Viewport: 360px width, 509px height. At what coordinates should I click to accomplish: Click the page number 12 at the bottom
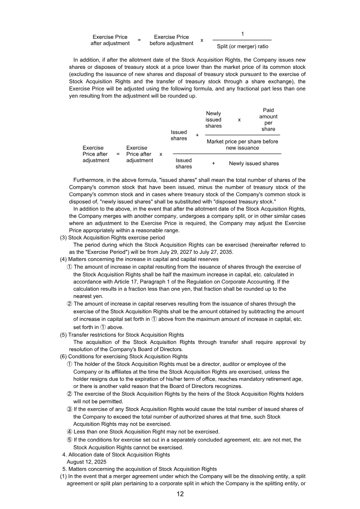click(180, 494)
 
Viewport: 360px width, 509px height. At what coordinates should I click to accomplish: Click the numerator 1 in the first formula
click(243, 34)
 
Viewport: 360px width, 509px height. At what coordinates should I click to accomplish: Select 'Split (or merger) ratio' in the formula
click(243, 46)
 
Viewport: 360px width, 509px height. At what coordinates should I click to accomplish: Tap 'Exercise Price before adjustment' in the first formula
click(171, 40)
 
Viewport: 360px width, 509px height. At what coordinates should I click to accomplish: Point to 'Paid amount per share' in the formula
click(268, 120)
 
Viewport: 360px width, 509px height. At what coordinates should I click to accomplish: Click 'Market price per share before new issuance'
click(242, 144)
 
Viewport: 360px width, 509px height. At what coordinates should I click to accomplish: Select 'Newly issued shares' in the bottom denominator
click(253, 163)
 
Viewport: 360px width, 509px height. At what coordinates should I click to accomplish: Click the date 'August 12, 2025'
click(86, 462)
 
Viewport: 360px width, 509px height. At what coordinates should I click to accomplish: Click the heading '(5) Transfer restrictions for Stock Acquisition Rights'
click(122, 335)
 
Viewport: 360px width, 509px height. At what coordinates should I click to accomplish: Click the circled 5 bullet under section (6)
click(70, 440)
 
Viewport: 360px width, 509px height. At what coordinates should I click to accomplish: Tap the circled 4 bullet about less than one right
click(70, 432)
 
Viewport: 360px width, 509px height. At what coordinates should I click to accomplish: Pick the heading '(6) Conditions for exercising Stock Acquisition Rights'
click(124, 356)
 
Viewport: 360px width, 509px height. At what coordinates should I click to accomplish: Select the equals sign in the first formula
click(139, 40)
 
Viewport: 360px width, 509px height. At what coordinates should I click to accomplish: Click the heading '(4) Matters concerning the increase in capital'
click(139, 259)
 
